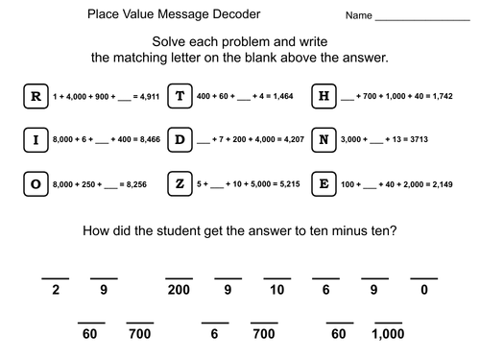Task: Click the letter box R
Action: click(36, 96)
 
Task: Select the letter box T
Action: click(180, 96)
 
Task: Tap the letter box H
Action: click(324, 96)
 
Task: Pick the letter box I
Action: click(36, 141)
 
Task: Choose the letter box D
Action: click(180, 141)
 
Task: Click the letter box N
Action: click(324, 141)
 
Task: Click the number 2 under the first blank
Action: click(57, 290)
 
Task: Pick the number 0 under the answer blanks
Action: click(423, 290)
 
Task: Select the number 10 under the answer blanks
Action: click(277, 290)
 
